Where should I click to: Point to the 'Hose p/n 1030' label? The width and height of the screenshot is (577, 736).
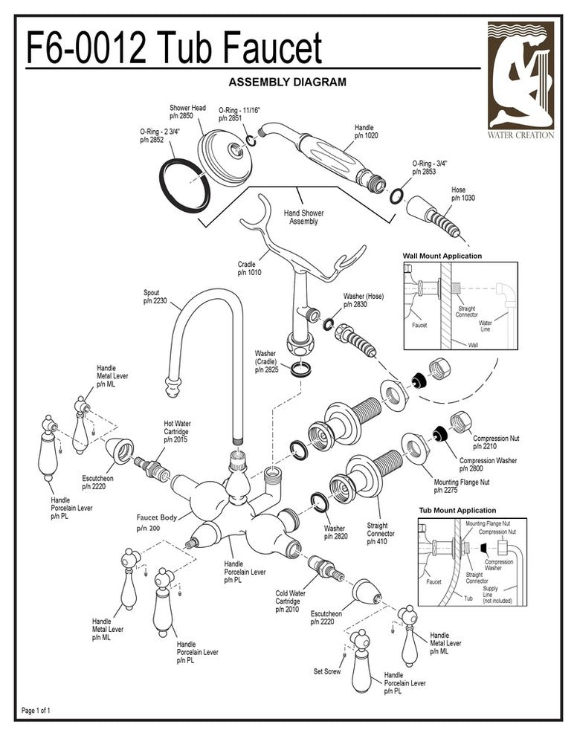point(462,194)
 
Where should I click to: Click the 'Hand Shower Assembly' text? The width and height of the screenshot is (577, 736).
point(303,217)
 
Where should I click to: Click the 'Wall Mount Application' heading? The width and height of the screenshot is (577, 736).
point(442,256)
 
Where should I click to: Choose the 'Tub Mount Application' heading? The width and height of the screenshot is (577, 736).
point(457,511)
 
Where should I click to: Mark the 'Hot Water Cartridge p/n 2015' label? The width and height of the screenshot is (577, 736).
point(175,431)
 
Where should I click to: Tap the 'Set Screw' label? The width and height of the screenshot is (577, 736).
point(327,671)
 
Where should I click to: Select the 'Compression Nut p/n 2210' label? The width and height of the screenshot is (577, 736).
point(494,443)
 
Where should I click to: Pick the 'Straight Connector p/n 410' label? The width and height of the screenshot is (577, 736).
point(381,534)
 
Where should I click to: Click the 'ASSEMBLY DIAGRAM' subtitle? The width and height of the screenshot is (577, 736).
point(286,82)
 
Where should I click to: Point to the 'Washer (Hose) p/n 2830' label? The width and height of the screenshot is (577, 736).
point(363,300)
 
